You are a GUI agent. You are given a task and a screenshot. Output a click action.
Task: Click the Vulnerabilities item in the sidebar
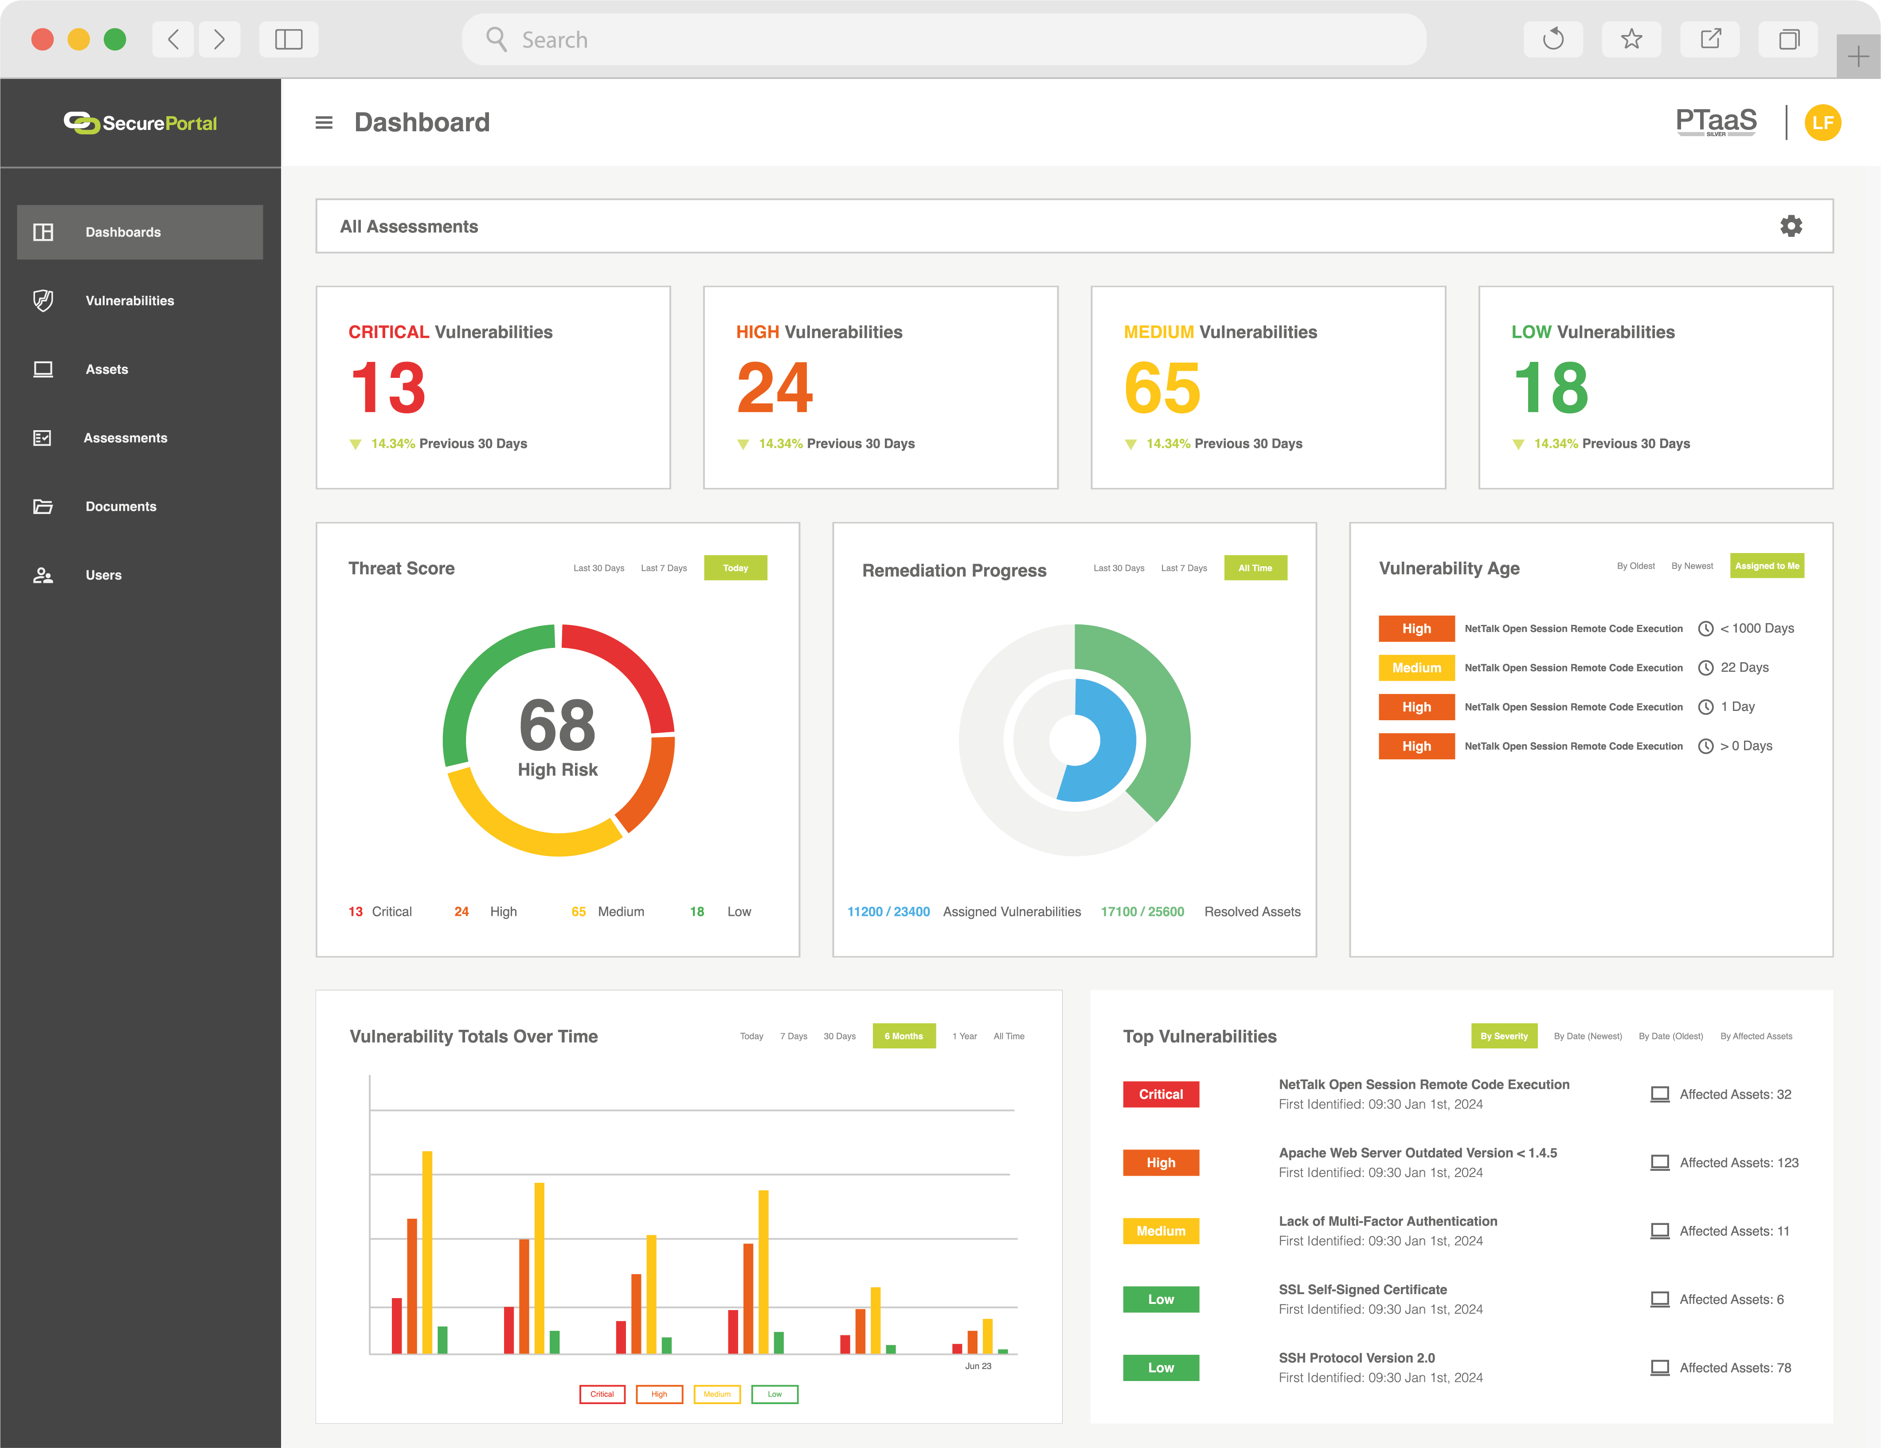pyautogui.click(x=129, y=301)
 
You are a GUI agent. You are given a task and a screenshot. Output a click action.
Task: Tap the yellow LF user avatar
pyautogui.click(x=1822, y=122)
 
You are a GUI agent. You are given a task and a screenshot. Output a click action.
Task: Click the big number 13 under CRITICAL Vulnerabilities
pyautogui.click(x=388, y=388)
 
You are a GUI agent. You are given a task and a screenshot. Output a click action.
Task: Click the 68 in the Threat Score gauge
pyautogui.click(x=557, y=724)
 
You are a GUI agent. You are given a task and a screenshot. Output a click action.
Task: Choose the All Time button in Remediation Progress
pyautogui.click(x=1255, y=568)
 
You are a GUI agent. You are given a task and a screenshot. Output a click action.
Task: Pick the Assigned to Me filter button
pyautogui.click(x=1767, y=566)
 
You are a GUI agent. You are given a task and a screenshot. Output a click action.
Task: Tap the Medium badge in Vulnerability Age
pyautogui.click(x=1416, y=667)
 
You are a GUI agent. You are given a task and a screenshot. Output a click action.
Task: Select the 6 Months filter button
pyautogui.click(x=903, y=1036)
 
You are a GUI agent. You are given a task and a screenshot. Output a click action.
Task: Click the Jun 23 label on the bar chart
pyautogui.click(x=978, y=1366)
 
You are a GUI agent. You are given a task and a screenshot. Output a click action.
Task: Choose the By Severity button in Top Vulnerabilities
pyautogui.click(x=1504, y=1036)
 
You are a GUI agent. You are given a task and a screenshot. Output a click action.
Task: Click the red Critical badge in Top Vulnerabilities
pyautogui.click(x=1160, y=1094)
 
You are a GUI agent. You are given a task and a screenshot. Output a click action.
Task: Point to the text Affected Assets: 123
pyautogui.click(x=1738, y=1163)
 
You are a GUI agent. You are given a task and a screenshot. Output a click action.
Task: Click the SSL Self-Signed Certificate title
pyautogui.click(x=1362, y=1290)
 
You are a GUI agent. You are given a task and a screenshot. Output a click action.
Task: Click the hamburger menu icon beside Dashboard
pyautogui.click(x=324, y=122)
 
